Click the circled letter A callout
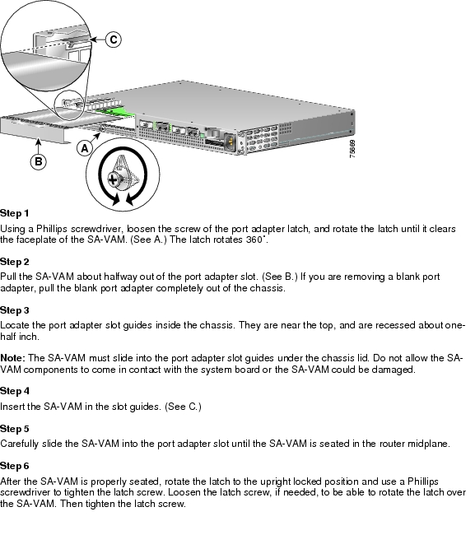pos(82,149)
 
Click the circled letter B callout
pos(38,162)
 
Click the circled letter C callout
pos(114,39)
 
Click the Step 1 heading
pos(14,213)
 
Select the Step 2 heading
pos(14,262)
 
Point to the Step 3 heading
pos(14,310)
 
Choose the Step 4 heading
pos(14,391)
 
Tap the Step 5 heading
pos(14,429)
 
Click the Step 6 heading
pos(14,466)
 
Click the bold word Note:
pos(13,359)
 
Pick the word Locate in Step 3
pos(16,326)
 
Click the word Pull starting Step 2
pos(9,277)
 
